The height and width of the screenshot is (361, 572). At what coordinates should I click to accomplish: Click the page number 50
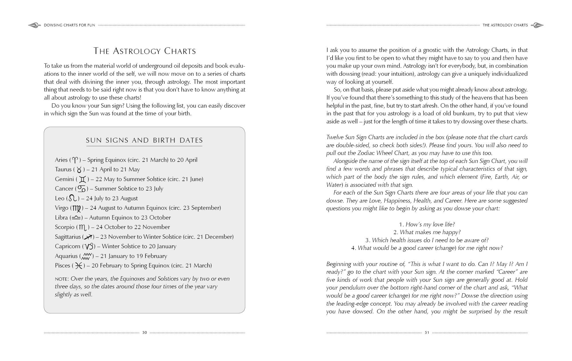[145, 333]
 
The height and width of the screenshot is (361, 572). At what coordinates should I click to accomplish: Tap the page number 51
[427, 333]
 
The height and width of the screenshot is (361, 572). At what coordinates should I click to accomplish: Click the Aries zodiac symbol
[75, 160]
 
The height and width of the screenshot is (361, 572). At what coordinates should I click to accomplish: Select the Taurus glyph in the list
[79, 170]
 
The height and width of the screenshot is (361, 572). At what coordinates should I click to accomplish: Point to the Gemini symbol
[82, 179]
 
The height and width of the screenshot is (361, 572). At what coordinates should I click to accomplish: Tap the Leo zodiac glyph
[73, 198]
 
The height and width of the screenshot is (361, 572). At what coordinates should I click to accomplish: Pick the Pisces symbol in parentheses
[78, 266]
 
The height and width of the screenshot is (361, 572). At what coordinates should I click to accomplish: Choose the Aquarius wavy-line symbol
[87, 256]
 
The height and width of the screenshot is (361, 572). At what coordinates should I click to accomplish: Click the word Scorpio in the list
[64, 227]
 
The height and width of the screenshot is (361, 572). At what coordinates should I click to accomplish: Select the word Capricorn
[68, 247]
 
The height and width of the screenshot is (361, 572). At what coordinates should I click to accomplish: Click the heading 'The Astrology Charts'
[145, 51]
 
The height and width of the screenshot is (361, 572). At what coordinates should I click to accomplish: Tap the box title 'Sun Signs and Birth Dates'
[144, 140]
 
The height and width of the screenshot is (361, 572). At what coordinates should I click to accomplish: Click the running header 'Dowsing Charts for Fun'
[69, 25]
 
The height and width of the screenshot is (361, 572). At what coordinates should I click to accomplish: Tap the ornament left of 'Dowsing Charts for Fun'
[34, 25]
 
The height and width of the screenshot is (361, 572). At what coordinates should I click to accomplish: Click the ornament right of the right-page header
[537, 25]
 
